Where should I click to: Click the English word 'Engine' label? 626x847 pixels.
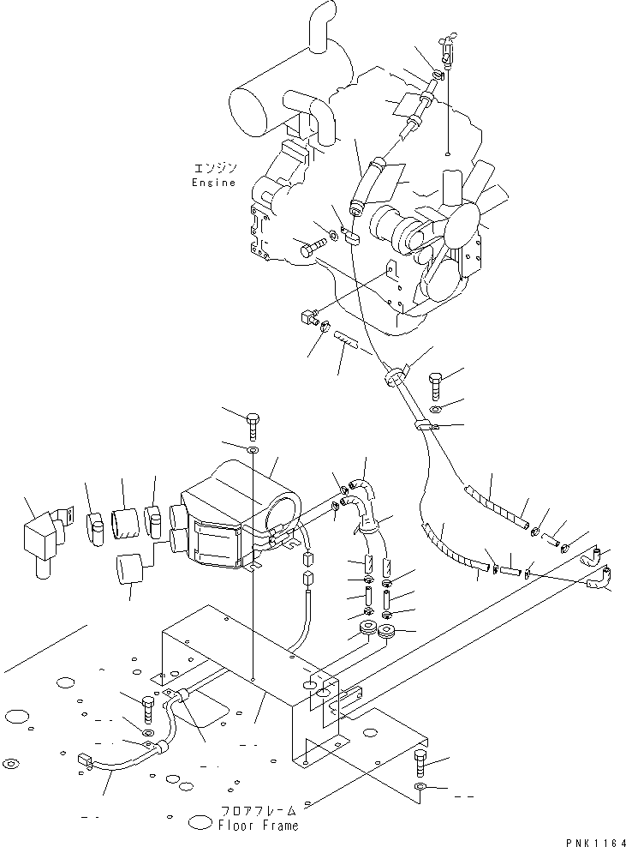(x=213, y=183)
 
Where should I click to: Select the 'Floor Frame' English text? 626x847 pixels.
(x=258, y=826)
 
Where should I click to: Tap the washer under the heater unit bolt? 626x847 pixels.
(x=253, y=450)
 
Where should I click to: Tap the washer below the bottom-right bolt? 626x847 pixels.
(x=420, y=787)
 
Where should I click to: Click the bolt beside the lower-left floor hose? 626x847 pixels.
(x=148, y=708)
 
